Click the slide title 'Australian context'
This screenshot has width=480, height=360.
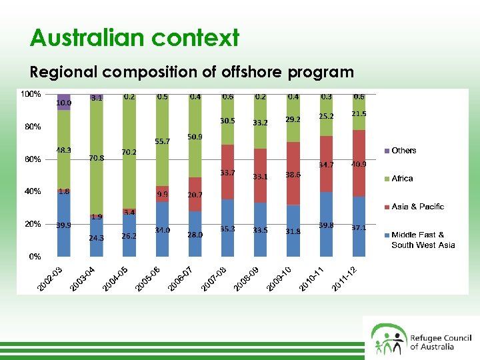coord(134,38)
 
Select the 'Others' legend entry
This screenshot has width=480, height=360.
coord(404,151)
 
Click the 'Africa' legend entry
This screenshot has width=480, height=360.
coord(402,179)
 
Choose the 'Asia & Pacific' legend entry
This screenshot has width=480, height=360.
coord(417,207)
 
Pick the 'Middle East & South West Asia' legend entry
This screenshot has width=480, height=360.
coord(423,240)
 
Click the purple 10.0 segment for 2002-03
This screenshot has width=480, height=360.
coord(64,102)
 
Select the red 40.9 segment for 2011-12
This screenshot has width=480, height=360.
coord(359,163)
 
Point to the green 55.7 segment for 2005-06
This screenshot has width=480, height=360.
coord(162,141)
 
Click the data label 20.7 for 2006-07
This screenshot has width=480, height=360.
coord(195,195)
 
